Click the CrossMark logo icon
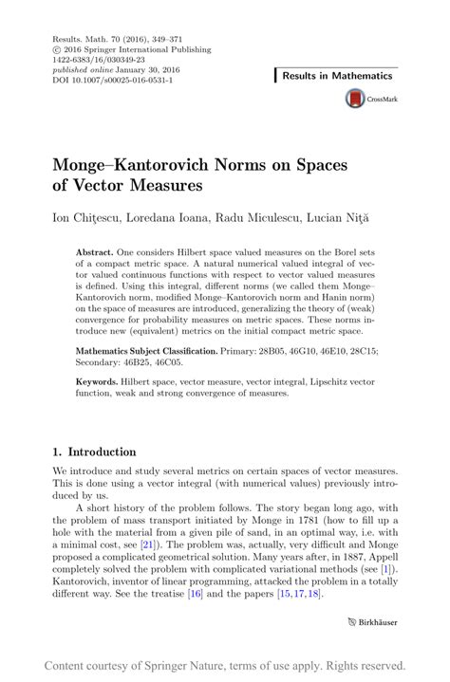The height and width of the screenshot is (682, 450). (355, 98)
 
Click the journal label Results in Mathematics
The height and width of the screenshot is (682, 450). (336, 75)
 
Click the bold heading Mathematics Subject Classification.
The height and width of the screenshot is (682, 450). (157, 351)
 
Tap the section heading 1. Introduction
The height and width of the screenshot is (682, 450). (93, 452)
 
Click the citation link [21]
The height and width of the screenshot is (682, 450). (148, 547)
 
